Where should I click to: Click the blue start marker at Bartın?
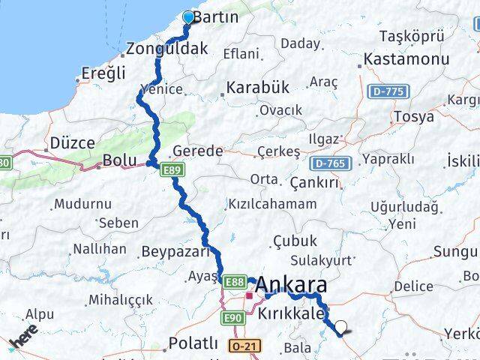tap(187, 16)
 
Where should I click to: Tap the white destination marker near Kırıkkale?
tap(341, 327)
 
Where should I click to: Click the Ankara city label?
tap(291, 285)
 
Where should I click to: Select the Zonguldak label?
tap(166, 49)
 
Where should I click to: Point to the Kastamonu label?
tap(406, 58)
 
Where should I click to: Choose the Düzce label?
tap(72, 142)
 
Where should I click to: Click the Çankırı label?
tap(310, 184)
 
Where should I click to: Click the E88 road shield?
tap(234, 281)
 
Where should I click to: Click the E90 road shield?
tap(232, 319)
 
